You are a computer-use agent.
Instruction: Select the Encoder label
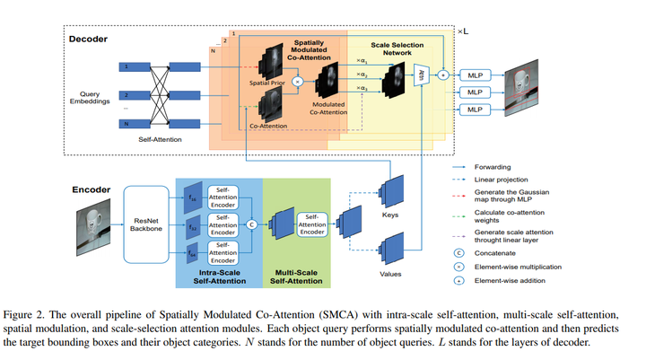pos(92,190)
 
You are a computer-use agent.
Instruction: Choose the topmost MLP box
pos(474,75)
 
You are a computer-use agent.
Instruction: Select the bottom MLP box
pos(474,110)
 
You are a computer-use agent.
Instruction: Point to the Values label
pos(390,274)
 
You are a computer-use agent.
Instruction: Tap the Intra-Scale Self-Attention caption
pos(220,277)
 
